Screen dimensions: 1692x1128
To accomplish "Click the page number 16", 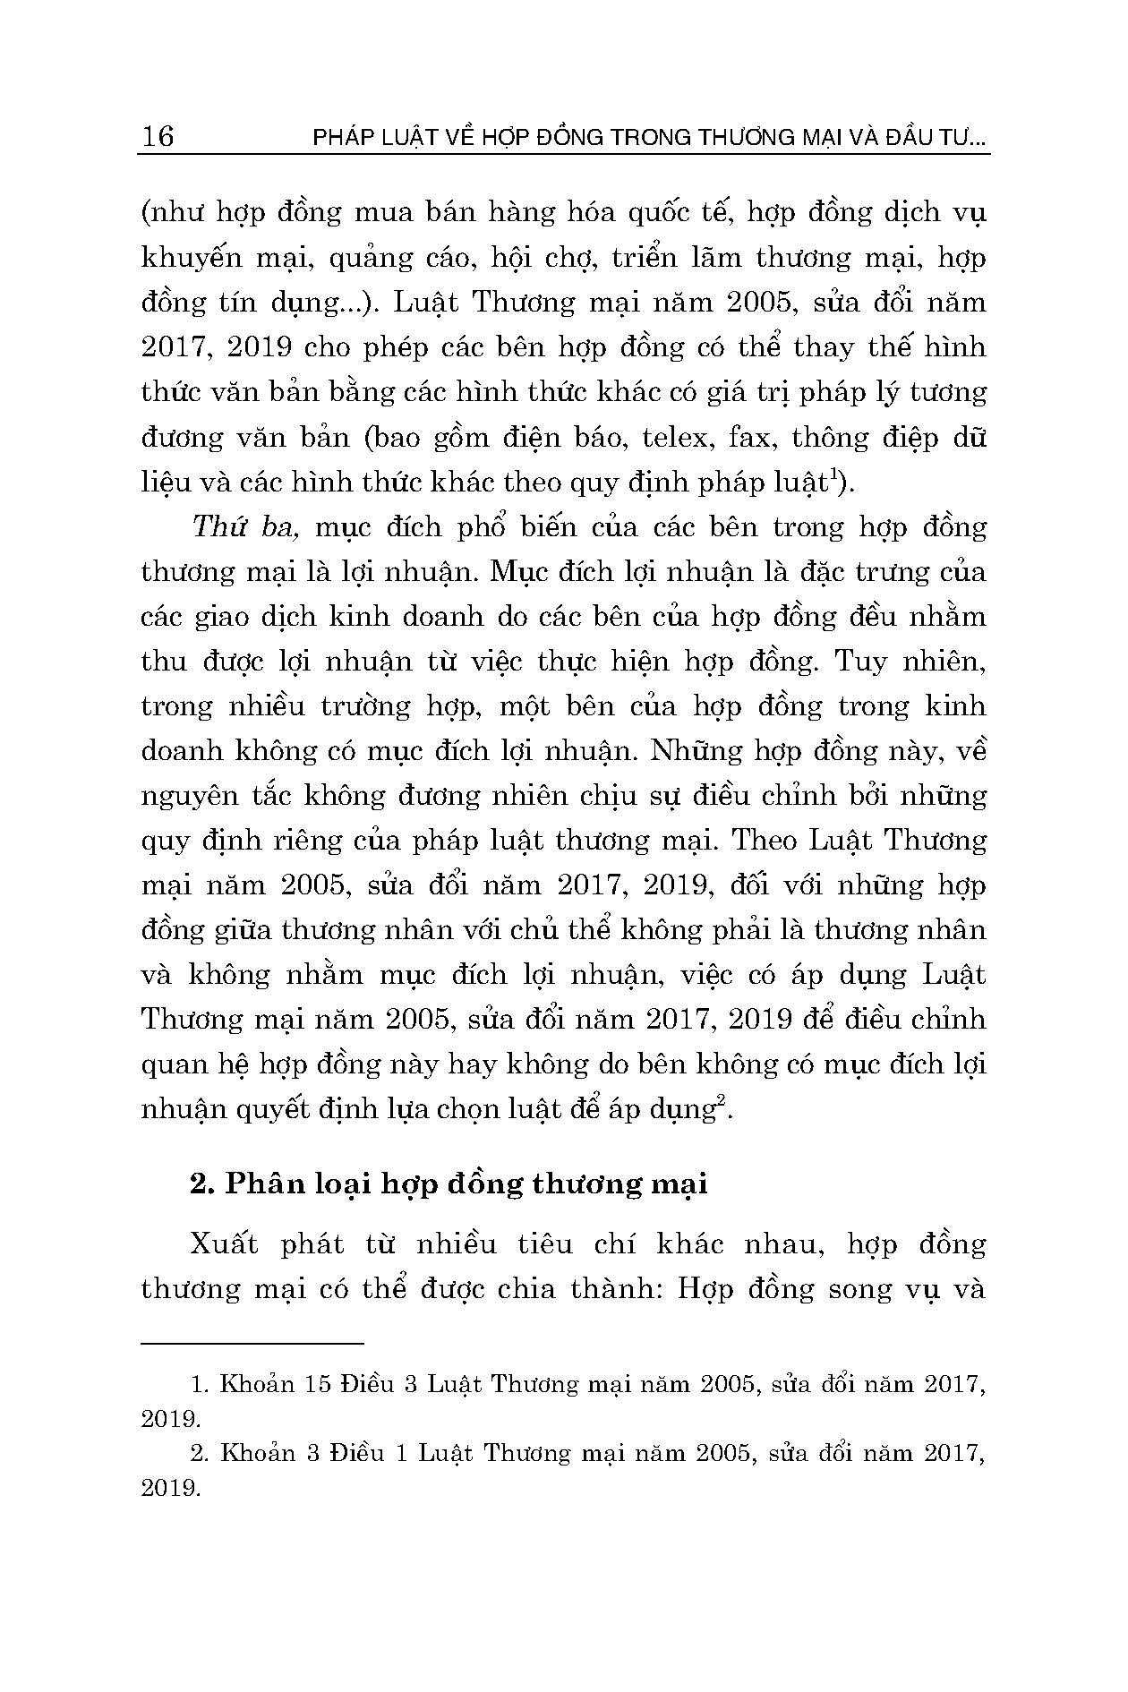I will click(158, 136).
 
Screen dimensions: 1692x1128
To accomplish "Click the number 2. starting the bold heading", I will click(201, 1184).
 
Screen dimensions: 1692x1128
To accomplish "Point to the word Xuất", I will click(224, 1244).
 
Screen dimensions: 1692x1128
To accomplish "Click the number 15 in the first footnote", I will click(318, 1384).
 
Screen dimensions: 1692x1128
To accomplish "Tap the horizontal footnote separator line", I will click(252, 1343).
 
